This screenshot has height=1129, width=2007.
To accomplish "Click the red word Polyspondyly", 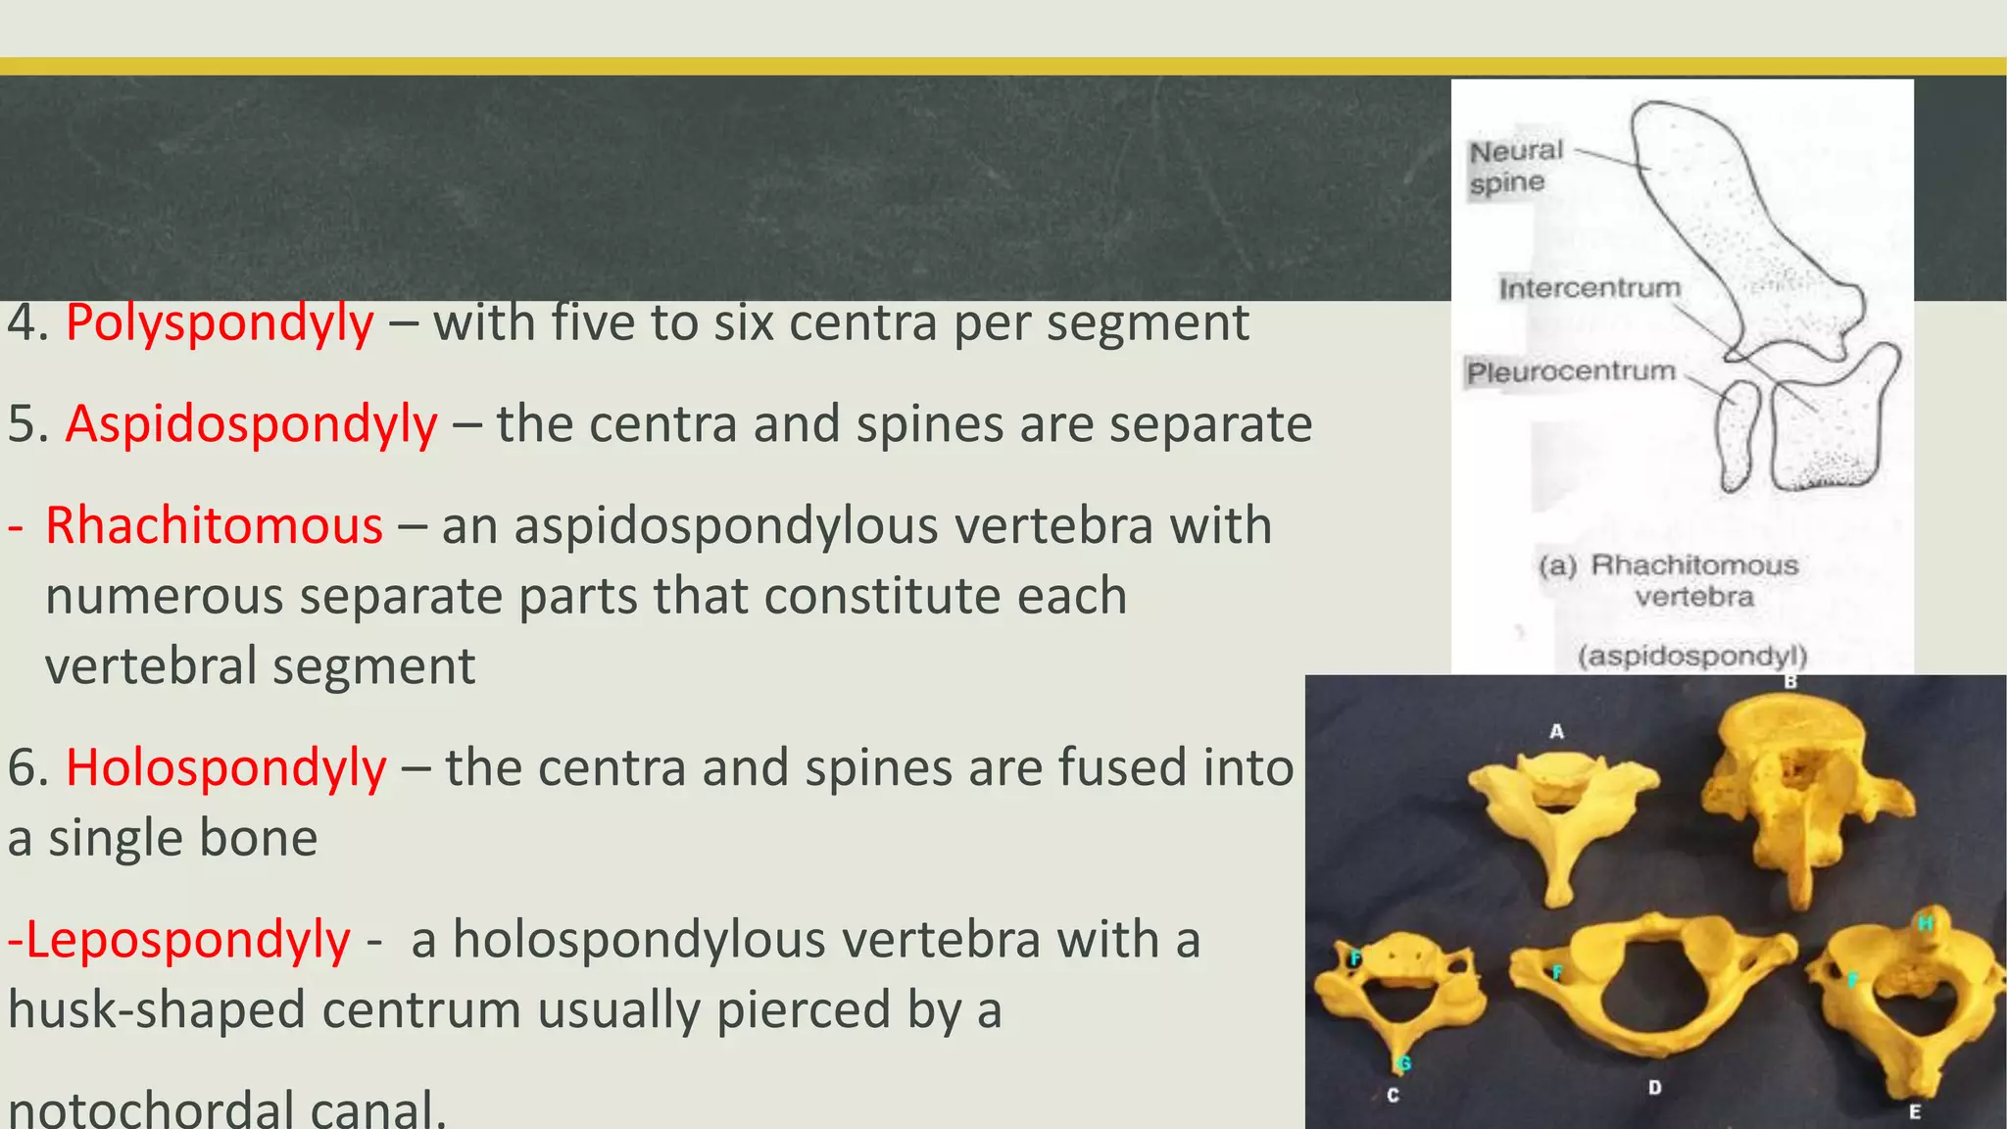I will point(220,322).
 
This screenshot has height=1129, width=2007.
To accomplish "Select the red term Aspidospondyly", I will point(251,424).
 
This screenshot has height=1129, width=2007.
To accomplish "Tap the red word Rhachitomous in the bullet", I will point(214,526).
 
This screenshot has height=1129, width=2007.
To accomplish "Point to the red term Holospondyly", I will point(225,767).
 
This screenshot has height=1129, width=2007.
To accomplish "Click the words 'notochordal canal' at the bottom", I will point(226,1109).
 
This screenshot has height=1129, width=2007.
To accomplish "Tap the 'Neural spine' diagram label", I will point(1514,167).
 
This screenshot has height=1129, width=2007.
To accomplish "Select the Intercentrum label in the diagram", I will point(1589,288).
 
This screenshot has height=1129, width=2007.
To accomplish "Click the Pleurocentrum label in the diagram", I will point(1571,372).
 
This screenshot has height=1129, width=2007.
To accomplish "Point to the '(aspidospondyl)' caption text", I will point(1692,656).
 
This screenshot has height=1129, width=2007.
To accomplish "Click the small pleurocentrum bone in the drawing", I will point(1738,435).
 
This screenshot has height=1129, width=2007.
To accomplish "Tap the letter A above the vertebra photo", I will point(1556,731).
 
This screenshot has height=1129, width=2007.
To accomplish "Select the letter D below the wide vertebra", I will point(1654,1087).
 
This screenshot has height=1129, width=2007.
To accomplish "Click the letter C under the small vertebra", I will point(1393,1095).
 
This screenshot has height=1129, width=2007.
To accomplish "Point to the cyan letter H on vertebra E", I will point(1925,923).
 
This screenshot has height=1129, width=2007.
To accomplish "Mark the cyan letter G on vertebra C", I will point(1403,1063).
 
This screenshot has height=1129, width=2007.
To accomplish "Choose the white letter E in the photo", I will point(1914,1111).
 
